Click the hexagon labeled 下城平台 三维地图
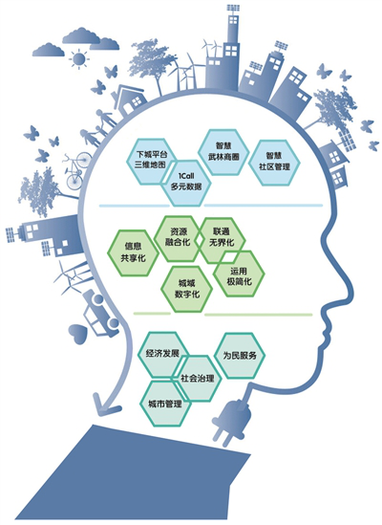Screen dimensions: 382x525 click(x=151, y=161)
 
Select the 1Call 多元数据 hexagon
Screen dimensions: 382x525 click(x=186, y=183)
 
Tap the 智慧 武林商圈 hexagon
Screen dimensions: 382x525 click(x=223, y=152)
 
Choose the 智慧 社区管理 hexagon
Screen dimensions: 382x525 click(x=274, y=162)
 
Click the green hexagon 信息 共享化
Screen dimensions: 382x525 click(x=133, y=252)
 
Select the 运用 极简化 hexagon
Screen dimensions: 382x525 click(x=239, y=273)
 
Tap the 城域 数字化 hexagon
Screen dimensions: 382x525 click(x=186, y=290)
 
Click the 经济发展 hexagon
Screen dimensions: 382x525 click(x=163, y=354)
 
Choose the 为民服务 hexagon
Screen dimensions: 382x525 click(x=240, y=356)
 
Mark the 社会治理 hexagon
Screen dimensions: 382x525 click(x=197, y=379)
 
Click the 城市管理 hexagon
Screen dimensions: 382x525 click(x=165, y=404)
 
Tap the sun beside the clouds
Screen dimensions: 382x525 click(x=79, y=59)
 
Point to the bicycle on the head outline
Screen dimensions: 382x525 click(x=76, y=171)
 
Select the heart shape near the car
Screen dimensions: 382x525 click(x=78, y=333)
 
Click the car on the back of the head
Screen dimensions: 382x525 click(x=99, y=313)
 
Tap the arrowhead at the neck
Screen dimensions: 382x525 click(x=104, y=405)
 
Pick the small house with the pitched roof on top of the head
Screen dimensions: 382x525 click(x=130, y=99)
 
